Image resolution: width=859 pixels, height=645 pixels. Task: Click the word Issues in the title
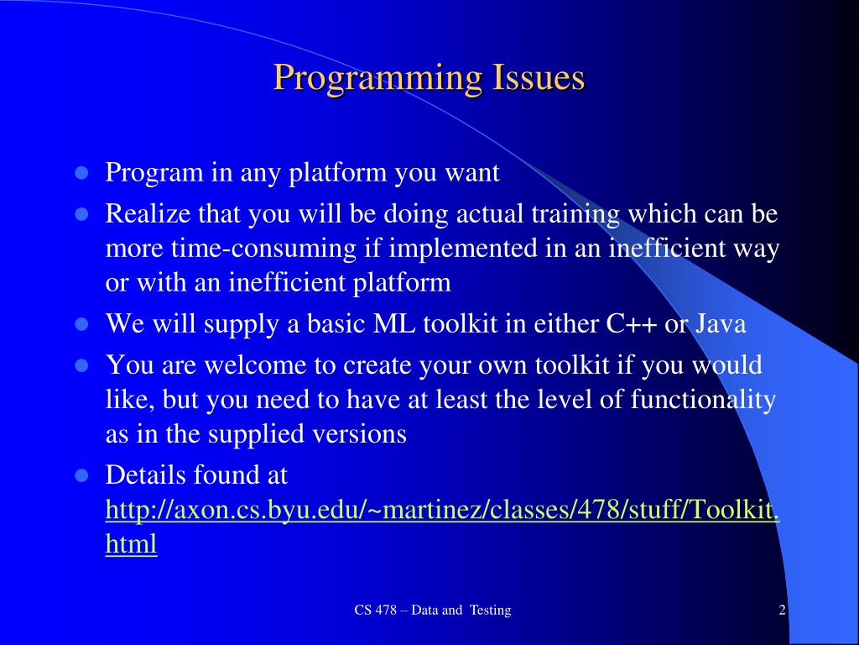539,77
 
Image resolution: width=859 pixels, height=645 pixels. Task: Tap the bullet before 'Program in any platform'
81,173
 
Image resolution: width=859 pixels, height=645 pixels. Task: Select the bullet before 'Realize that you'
81,214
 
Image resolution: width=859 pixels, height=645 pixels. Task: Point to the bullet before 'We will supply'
81,324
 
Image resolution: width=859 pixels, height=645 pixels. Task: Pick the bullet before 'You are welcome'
81,365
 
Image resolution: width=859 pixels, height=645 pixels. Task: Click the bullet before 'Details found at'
81,475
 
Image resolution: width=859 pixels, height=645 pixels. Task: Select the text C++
631,323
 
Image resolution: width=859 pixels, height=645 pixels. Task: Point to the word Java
721,323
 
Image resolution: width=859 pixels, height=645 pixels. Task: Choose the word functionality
703,400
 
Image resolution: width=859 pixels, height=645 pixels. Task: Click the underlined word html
132,544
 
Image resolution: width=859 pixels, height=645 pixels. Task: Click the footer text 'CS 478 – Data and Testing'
433,611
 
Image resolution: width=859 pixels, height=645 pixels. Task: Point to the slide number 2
783,611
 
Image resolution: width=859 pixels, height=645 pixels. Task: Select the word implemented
463,249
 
